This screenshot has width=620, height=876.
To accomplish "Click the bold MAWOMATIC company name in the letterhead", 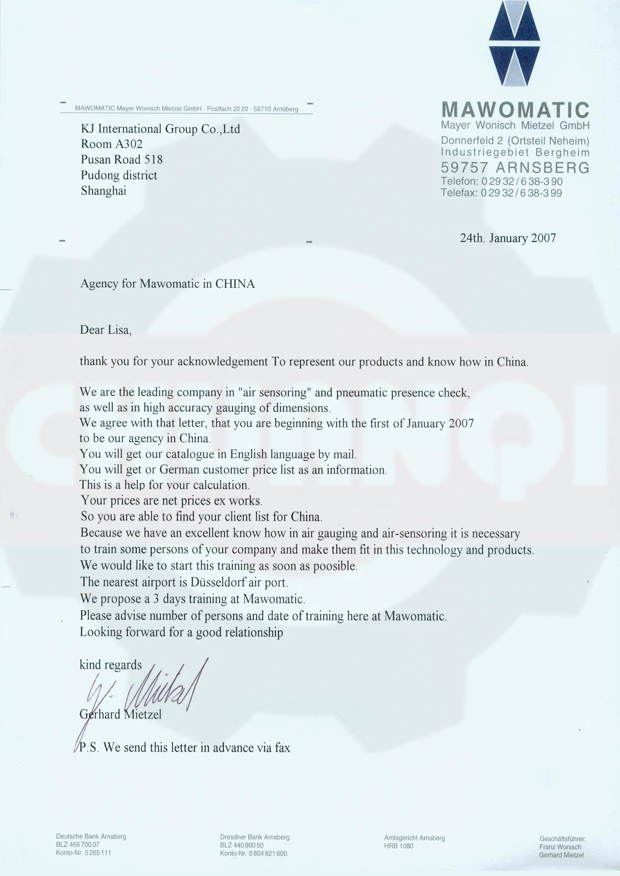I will pyautogui.click(x=516, y=110).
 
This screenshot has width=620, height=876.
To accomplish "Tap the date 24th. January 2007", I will pyautogui.click(x=507, y=238).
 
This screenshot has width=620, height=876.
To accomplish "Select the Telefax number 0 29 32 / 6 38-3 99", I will pyautogui.click(x=521, y=193).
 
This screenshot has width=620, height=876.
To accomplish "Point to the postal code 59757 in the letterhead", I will pyautogui.click(x=464, y=167).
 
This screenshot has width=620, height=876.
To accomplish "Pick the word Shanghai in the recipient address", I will pyautogui.click(x=103, y=191).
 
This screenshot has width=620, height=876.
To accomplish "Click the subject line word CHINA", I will pyautogui.click(x=235, y=283).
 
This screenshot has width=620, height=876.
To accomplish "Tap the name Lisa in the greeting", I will pyautogui.click(x=119, y=330).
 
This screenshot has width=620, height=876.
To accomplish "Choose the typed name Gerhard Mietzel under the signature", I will pyautogui.click(x=120, y=714).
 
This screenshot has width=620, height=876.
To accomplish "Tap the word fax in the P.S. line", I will pyautogui.click(x=282, y=747).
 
